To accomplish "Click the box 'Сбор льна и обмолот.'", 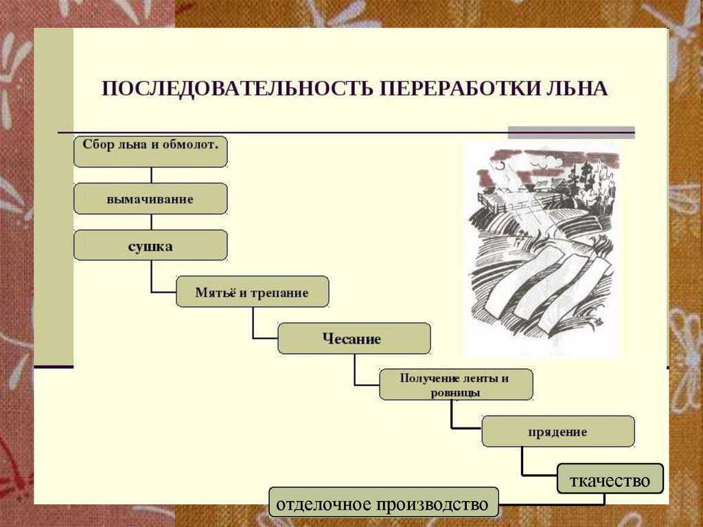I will tap(150, 151).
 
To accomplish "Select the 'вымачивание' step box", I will tap(150, 199).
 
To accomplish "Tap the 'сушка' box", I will tap(150, 245).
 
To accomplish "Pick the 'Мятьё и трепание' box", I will tap(252, 291).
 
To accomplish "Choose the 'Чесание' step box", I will tap(354, 338).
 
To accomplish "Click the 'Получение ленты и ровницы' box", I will tap(456, 384).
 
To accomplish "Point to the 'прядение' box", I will tap(557, 431).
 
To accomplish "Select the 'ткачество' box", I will tap(610, 478).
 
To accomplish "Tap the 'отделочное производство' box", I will tap(384, 504).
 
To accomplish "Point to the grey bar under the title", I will tap(571, 133).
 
